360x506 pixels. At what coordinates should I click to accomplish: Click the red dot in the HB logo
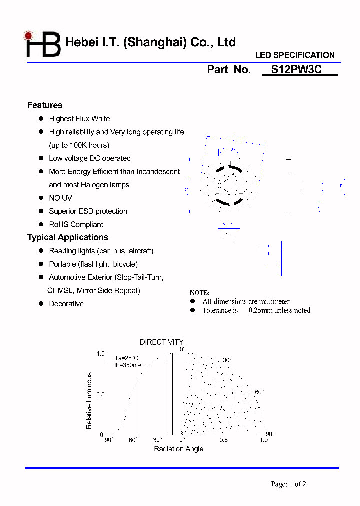[x=28, y=36]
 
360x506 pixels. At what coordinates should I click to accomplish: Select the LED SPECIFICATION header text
[x=295, y=55]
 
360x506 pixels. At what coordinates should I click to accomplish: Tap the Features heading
[x=45, y=105]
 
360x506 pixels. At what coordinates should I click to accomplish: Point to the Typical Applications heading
[x=68, y=237]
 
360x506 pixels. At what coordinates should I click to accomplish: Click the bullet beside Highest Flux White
[x=41, y=119]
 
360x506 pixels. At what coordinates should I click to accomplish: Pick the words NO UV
[x=60, y=198]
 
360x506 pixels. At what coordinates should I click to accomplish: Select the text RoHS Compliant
[x=76, y=225]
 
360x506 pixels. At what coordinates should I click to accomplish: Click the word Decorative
[x=66, y=304]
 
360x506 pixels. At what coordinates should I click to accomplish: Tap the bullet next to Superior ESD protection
[x=41, y=211]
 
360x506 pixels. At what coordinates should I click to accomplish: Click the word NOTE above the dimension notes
[x=200, y=293]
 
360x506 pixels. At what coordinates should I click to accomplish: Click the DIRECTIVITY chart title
[x=161, y=342]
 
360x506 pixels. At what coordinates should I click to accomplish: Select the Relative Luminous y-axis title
[x=89, y=400]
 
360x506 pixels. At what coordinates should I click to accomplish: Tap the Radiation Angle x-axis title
[x=178, y=449]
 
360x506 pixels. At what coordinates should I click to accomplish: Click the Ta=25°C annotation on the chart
[x=126, y=358]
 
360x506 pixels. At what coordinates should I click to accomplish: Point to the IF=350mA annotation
[x=127, y=365]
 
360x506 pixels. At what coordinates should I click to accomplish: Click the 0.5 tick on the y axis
[x=100, y=394]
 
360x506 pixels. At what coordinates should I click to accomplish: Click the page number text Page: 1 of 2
[x=288, y=484]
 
